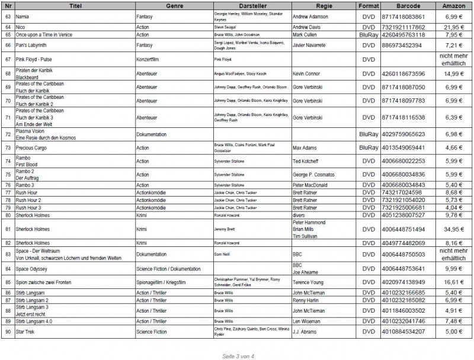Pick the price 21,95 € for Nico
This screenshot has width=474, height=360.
(450, 28)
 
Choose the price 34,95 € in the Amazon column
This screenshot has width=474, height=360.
(450, 229)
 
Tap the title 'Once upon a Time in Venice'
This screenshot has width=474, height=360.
(44, 34)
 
